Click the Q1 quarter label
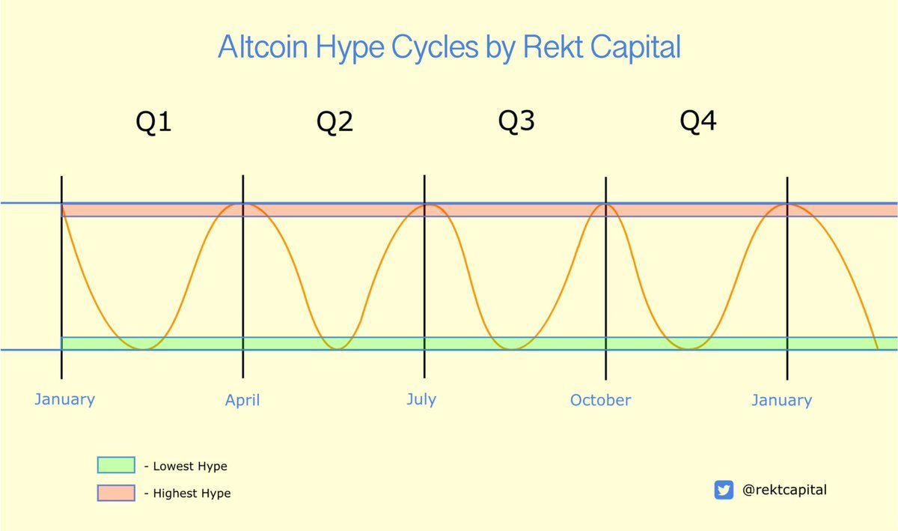point(153,121)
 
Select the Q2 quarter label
point(335,121)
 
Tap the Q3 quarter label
point(516,121)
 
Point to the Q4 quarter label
point(698,121)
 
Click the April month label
point(242,401)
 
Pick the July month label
point(421,400)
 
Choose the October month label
point(600,400)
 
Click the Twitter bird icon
point(724,490)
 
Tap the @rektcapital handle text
point(784,490)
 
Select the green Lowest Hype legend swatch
point(116,465)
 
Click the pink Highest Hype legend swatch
point(116,493)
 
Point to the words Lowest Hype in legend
point(190,467)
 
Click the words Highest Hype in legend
point(192,494)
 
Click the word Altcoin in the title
point(263,47)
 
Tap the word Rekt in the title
point(553,47)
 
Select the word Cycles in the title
point(435,48)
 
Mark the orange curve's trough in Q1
point(142,349)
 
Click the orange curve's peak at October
point(605,205)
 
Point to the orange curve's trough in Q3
point(512,349)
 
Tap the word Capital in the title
point(635,48)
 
